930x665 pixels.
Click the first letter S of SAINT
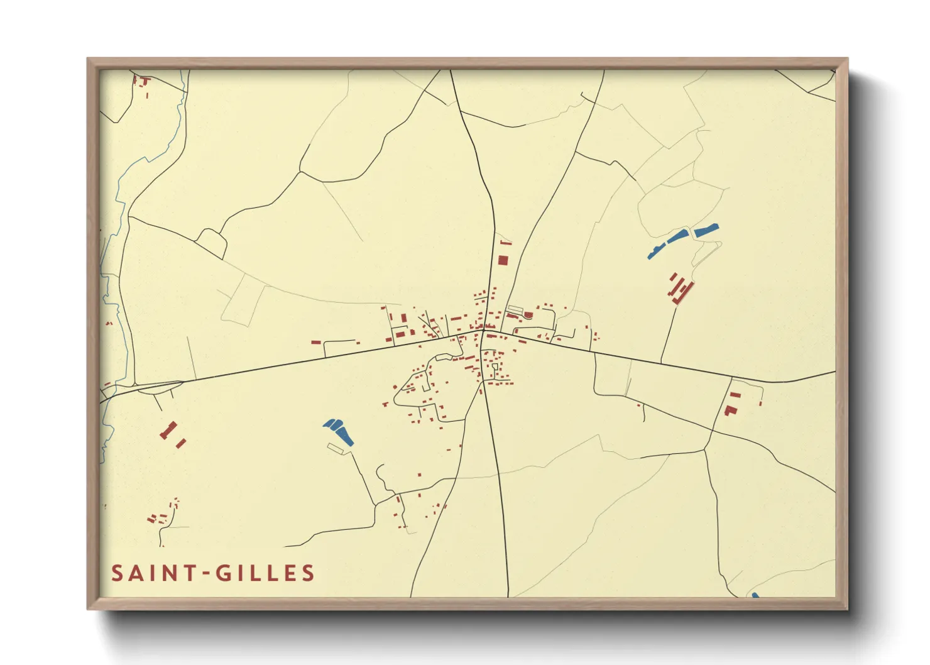[x=117, y=573]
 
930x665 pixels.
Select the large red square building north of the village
[x=503, y=260]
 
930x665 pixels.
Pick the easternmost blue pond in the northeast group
[x=706, y=230]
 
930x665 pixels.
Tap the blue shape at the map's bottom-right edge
[x=755, y=595]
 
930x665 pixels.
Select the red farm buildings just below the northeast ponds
[x=681, y=289]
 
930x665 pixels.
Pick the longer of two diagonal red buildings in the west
[x=168, y=431]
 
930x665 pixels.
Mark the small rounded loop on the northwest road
[x=212, y=242]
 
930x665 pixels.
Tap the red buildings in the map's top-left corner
[x=142, y=83]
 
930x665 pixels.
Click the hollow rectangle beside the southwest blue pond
[x=340, y=448]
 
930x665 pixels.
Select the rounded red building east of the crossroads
[x=528, y=315]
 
